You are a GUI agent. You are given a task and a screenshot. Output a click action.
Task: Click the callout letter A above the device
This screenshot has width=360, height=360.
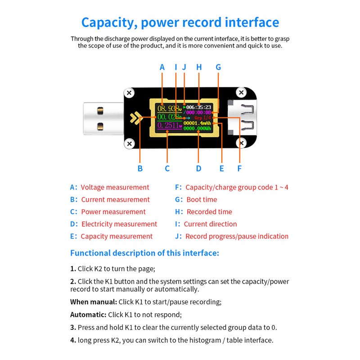click(162, 67)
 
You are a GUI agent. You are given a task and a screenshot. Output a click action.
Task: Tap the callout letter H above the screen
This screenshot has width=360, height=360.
click(199, 67)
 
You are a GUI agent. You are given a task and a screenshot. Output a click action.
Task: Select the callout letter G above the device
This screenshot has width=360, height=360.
click(218, 67)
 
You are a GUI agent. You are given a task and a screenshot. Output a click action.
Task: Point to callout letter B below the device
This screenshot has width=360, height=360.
click(140, 169)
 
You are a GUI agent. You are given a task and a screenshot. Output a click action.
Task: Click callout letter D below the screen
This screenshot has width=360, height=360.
click(198, 169)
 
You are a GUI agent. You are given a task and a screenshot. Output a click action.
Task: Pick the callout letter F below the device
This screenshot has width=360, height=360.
click(239, 169)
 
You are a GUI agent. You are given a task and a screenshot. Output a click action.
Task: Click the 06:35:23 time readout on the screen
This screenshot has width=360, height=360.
click(199, 107)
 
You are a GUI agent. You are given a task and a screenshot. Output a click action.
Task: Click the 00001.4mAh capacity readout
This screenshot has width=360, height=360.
click(197, 123)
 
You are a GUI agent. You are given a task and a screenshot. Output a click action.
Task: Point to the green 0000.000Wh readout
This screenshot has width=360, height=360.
click(197, 129)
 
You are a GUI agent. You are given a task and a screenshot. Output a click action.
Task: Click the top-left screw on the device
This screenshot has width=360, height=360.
click(130, 93)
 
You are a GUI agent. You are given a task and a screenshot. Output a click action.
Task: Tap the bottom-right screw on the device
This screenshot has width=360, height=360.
click(242, 144)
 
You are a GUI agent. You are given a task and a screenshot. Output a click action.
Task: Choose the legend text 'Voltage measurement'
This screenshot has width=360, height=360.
click(115, 187)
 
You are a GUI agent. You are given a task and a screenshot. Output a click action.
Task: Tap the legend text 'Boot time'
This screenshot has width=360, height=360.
click(202, 199)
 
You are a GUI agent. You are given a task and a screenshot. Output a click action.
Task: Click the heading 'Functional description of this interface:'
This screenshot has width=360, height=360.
click(144, 253)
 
